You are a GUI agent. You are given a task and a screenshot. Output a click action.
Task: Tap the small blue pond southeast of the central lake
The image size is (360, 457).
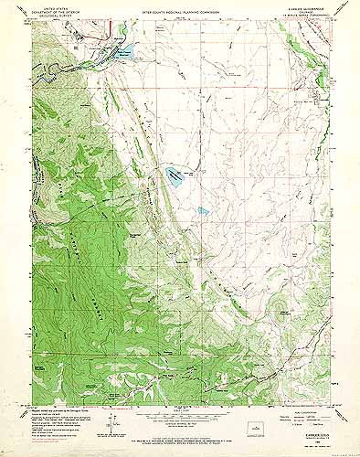pos(203,211)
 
